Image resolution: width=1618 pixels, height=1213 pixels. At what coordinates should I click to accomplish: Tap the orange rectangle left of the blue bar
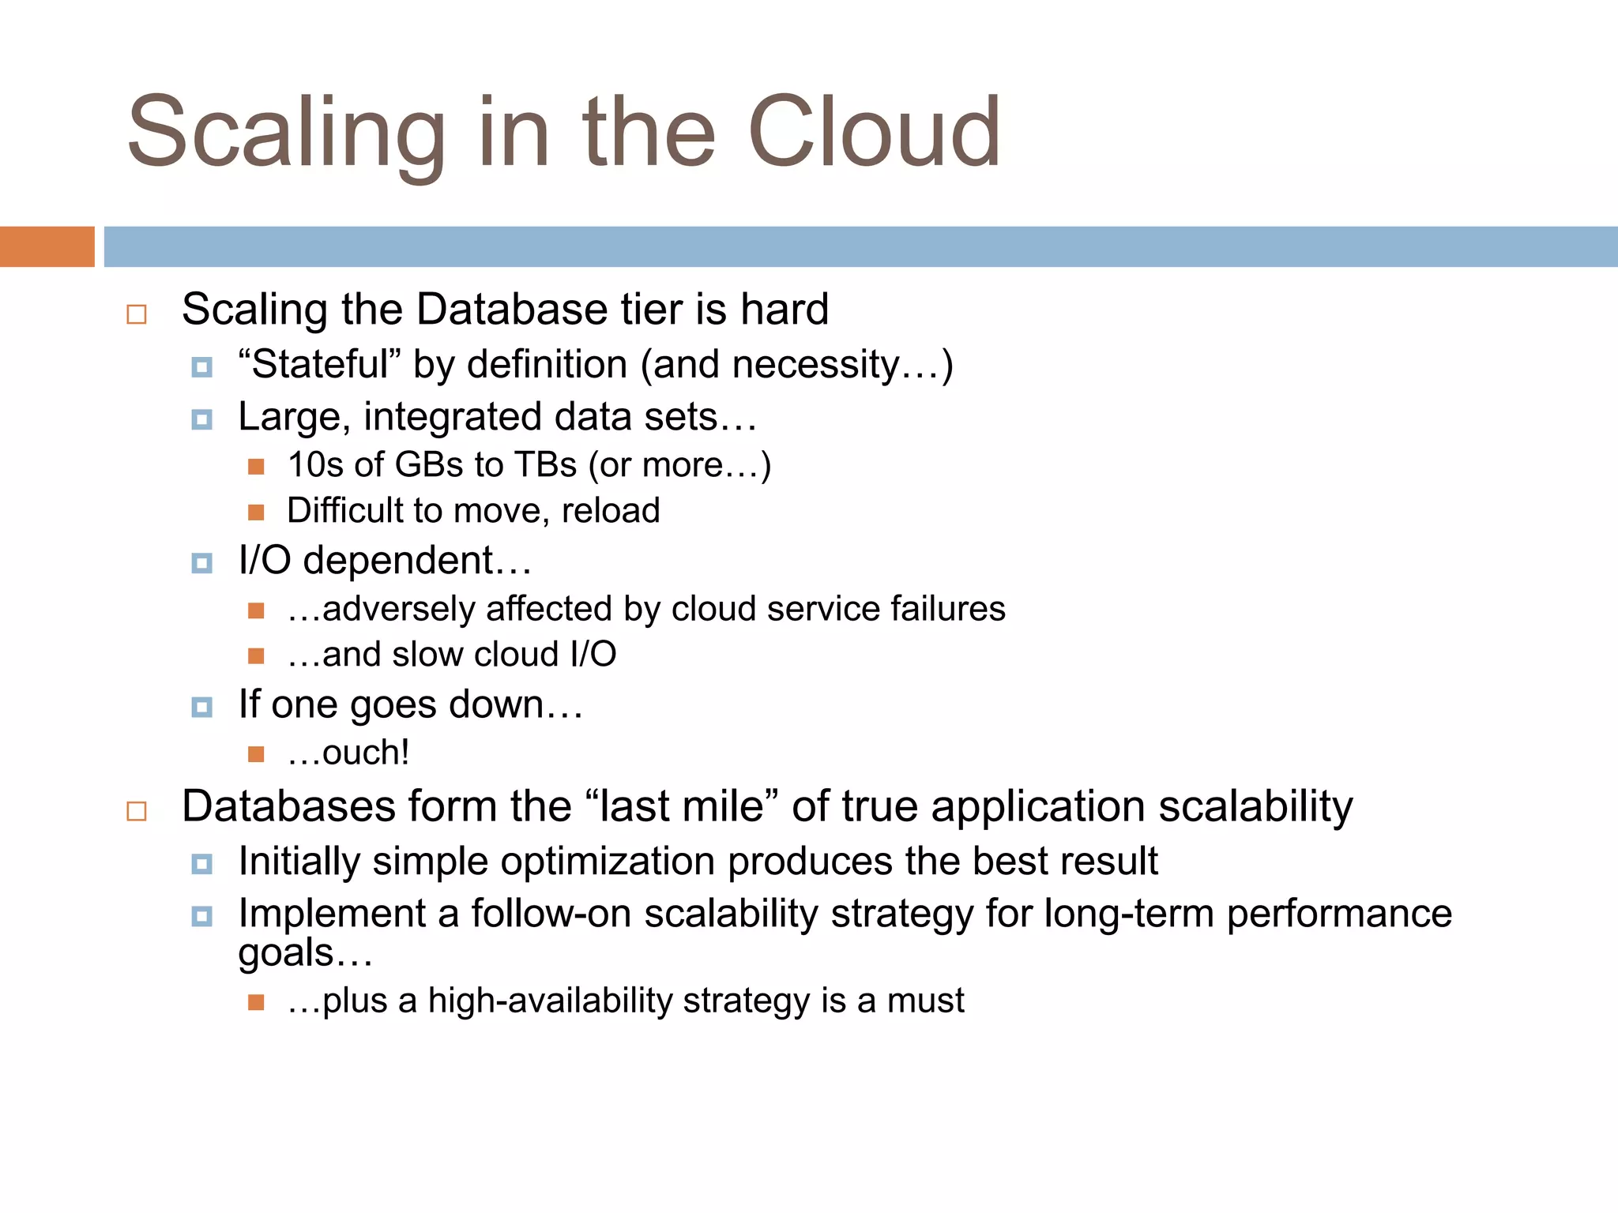point(47,246)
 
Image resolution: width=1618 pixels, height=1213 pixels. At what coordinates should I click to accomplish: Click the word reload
point(610,511)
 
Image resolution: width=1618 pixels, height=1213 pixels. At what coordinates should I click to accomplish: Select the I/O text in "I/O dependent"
point(265,561)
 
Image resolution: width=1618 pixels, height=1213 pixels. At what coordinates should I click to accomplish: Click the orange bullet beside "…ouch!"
point(256,754)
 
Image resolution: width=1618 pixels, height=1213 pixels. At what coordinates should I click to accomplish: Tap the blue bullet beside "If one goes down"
point(202,707)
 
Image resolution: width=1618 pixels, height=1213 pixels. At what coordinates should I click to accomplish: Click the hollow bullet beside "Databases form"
point(137,811)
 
